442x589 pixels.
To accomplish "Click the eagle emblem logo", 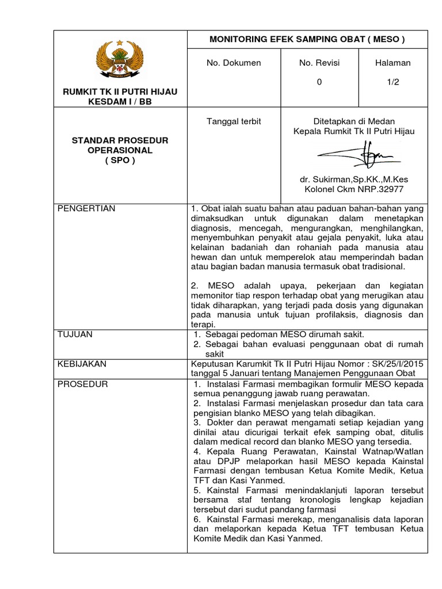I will (120, 60).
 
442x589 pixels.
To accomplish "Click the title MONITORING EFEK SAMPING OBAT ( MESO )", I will (307, 40).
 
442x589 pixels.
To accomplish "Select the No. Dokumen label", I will (234, 63).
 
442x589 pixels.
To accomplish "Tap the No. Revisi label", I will (319, 63).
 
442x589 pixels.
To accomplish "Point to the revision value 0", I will (319, 82).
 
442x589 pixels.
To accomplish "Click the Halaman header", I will (393, 63).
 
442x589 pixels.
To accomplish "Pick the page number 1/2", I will (393, 82).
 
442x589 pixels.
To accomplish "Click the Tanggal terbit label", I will (234, 121).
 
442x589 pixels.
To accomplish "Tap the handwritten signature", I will (353, 155).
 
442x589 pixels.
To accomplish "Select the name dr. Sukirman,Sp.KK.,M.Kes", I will (354, 179).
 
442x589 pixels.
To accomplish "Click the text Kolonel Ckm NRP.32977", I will (354, 189).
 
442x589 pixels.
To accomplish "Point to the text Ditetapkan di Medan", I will (354, 121).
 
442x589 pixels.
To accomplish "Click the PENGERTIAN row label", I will (86, 209).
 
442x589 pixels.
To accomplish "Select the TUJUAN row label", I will (75, 334).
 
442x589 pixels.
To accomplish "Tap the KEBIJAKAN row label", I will (82, 364).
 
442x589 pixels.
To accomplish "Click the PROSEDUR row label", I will (82, 384).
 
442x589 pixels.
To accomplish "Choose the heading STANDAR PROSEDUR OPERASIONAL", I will (120, 145).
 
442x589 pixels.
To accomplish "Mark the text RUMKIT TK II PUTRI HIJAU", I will (120, 92).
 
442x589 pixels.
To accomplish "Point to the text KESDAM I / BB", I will (120, 102).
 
